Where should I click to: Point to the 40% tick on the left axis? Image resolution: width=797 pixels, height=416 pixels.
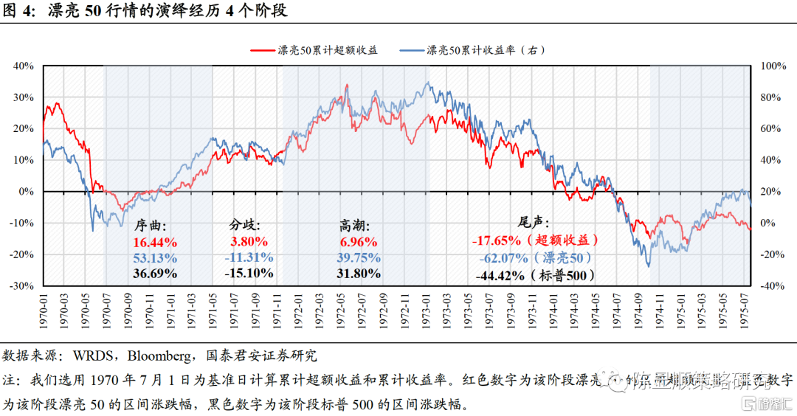[24, 66]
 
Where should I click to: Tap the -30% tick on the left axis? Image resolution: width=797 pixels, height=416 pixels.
[23, 285]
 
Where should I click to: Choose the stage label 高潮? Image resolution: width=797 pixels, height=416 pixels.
[355, 226]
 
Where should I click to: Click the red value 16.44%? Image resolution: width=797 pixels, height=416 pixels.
[155, 242]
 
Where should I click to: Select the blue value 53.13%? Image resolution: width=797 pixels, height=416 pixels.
[155, 257]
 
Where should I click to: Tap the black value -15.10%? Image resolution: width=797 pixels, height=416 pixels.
[249, 273]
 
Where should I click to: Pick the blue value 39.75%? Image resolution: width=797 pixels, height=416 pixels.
[359, 257]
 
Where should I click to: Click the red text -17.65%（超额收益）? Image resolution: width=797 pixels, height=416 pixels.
[535, 240]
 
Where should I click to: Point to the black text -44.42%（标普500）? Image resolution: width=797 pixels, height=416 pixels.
[535, 276]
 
